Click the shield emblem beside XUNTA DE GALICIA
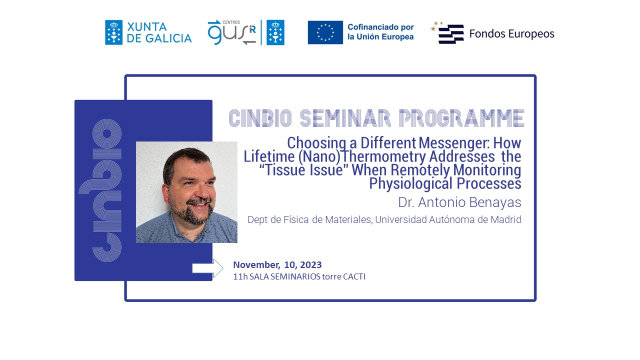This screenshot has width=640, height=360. pyautogui.click(x=113, y=32)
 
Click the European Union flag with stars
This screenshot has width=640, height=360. pyautogui.click(x=325, y=32)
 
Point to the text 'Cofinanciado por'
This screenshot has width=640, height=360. pyautogui.click(x=380, y=27)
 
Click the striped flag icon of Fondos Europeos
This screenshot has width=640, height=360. pyautogui.click(x=450, y=34)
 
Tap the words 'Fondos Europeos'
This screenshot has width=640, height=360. pyautogui.click(x=511, y=34)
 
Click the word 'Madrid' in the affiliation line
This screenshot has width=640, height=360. pyautogui.click(x=505, y=219)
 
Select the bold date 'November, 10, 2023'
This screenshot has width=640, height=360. pyautogui.click(x=277, y=265)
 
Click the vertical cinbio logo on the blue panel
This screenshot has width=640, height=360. pyautogui.click(x=105, y=190)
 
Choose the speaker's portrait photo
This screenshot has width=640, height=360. pyautogui.click(x=186, y=192)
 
